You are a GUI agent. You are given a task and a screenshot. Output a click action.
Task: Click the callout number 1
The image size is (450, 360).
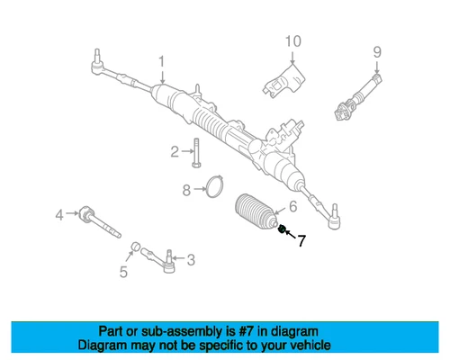(162, 62)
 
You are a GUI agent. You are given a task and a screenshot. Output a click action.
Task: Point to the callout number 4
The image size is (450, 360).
(59, 214)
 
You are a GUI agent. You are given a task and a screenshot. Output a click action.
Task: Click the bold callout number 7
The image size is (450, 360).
(301, 241)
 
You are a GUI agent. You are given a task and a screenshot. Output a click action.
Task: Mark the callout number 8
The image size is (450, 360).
(186, 190)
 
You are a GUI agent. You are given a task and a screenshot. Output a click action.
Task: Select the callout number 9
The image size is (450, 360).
(377, 51)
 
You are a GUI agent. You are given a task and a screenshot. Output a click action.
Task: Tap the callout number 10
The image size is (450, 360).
(292, 42)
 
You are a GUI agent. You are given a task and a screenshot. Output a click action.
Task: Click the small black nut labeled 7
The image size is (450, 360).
(283, 231)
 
